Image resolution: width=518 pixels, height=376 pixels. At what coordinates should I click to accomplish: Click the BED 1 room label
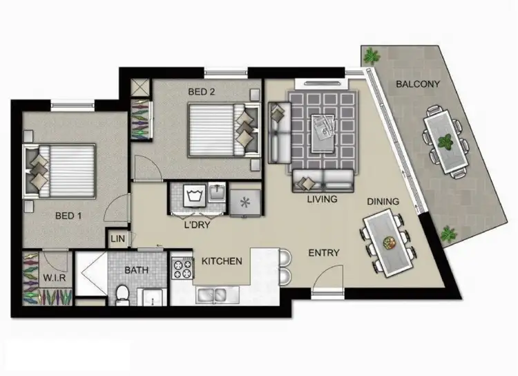(70, 215)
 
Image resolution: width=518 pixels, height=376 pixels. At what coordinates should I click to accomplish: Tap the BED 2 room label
(206, 91)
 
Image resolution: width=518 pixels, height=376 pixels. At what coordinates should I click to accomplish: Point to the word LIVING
(323, 200)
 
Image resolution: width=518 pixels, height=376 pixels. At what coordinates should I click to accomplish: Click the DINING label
(383, 202)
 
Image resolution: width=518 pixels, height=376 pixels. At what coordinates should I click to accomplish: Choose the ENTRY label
(323, 253)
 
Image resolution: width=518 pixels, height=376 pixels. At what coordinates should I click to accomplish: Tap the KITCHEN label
(222, 261)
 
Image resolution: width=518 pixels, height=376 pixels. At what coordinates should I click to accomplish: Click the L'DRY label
(198, 225)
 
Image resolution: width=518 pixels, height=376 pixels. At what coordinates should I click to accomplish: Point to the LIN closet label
(117, 239)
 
